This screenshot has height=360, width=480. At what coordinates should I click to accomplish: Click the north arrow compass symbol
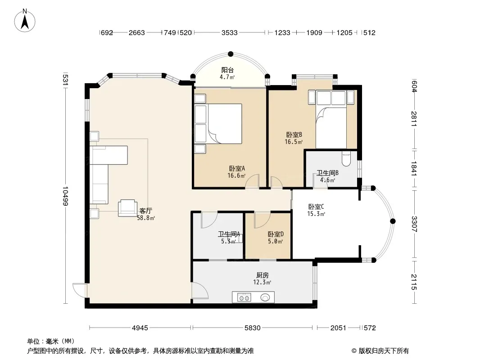point(25,21)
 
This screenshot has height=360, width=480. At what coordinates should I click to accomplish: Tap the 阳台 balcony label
point(227,70)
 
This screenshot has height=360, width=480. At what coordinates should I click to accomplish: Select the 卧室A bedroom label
point(237,169)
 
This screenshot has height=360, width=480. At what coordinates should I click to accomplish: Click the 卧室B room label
point(294,135)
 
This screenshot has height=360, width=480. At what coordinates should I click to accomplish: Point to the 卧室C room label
point(316,207)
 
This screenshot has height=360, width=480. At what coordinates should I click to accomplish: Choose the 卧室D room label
point(276,234)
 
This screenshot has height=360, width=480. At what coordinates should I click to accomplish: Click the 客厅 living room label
point(146,211)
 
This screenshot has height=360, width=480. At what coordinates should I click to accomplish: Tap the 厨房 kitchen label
point(263,275)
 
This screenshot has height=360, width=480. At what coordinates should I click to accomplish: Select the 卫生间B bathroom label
point(327,173)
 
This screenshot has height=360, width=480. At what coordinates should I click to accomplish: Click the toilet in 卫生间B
point(346,159)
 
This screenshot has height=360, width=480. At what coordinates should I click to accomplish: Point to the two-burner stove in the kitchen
point(245,297)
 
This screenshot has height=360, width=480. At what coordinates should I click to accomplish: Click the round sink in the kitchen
point(265,297)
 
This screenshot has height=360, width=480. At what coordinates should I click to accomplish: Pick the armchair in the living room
point(127,208)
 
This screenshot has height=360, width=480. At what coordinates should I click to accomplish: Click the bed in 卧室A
point(218,124)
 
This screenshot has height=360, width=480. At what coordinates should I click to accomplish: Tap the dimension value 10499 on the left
point(65,196)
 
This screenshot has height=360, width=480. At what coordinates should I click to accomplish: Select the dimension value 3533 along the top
point(230,32)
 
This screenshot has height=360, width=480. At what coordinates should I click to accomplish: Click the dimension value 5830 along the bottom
point(253,328)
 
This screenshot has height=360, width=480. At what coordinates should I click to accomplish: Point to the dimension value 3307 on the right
point(414,224)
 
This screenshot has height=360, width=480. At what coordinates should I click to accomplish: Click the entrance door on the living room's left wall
point(80,290)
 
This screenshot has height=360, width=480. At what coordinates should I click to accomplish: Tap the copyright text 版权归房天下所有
point(384,351)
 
